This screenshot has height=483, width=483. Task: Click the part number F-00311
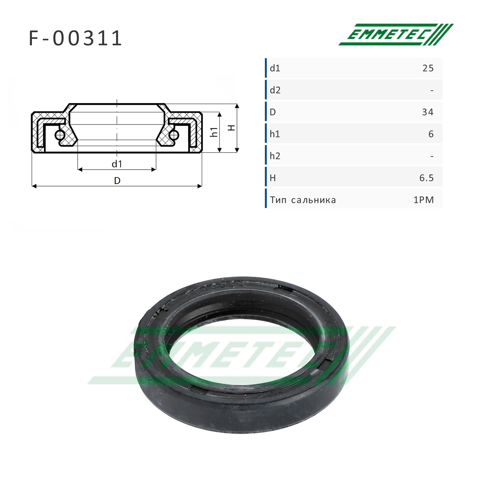point(75,38)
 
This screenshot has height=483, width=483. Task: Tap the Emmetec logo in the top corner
point(396,35)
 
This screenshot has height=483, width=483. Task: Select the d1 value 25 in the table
point(428,68)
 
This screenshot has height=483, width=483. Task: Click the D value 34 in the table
point(428,112)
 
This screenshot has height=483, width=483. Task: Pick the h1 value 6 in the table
point(431,134)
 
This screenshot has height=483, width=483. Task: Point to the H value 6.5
point(427,178)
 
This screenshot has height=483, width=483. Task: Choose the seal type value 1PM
point(424,200)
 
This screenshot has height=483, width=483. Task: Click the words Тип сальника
point(303,200)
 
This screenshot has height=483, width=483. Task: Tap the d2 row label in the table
point(275,90)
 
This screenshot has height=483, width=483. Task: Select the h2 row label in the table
point(275,156)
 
